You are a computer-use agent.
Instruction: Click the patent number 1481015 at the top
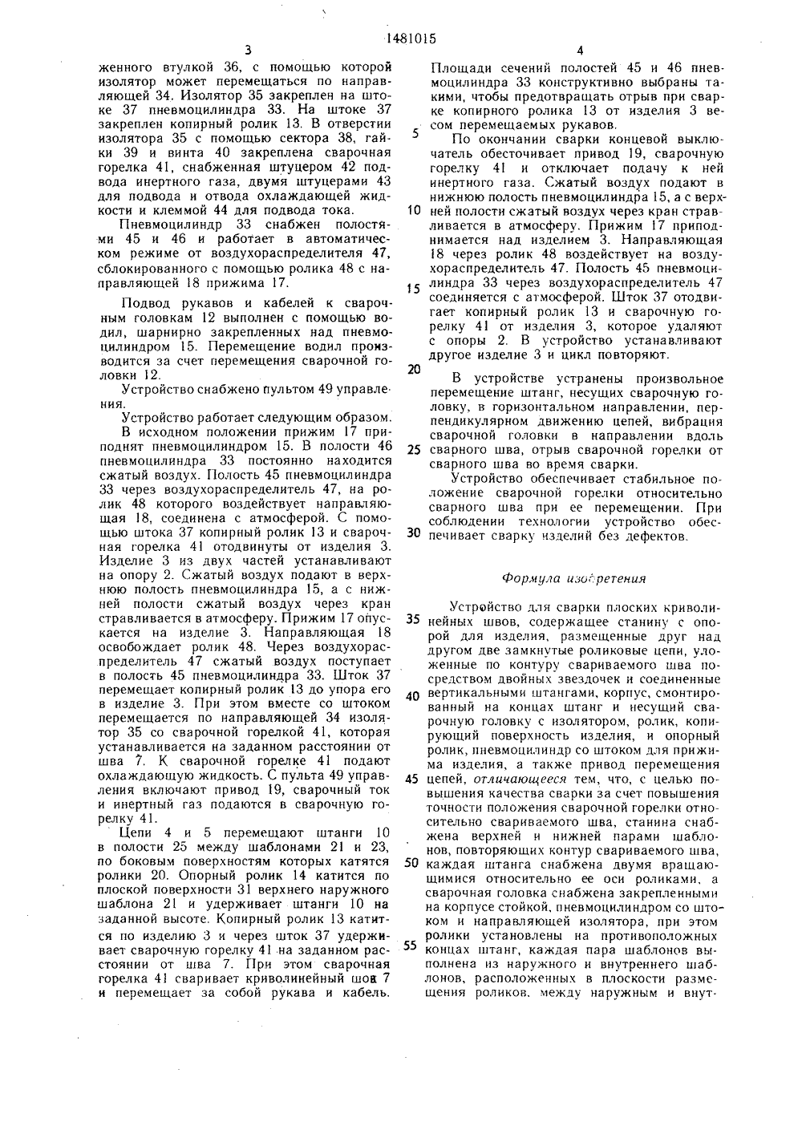click(x=400, y=35)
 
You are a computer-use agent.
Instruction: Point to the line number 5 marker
click(x=415, y=133)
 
